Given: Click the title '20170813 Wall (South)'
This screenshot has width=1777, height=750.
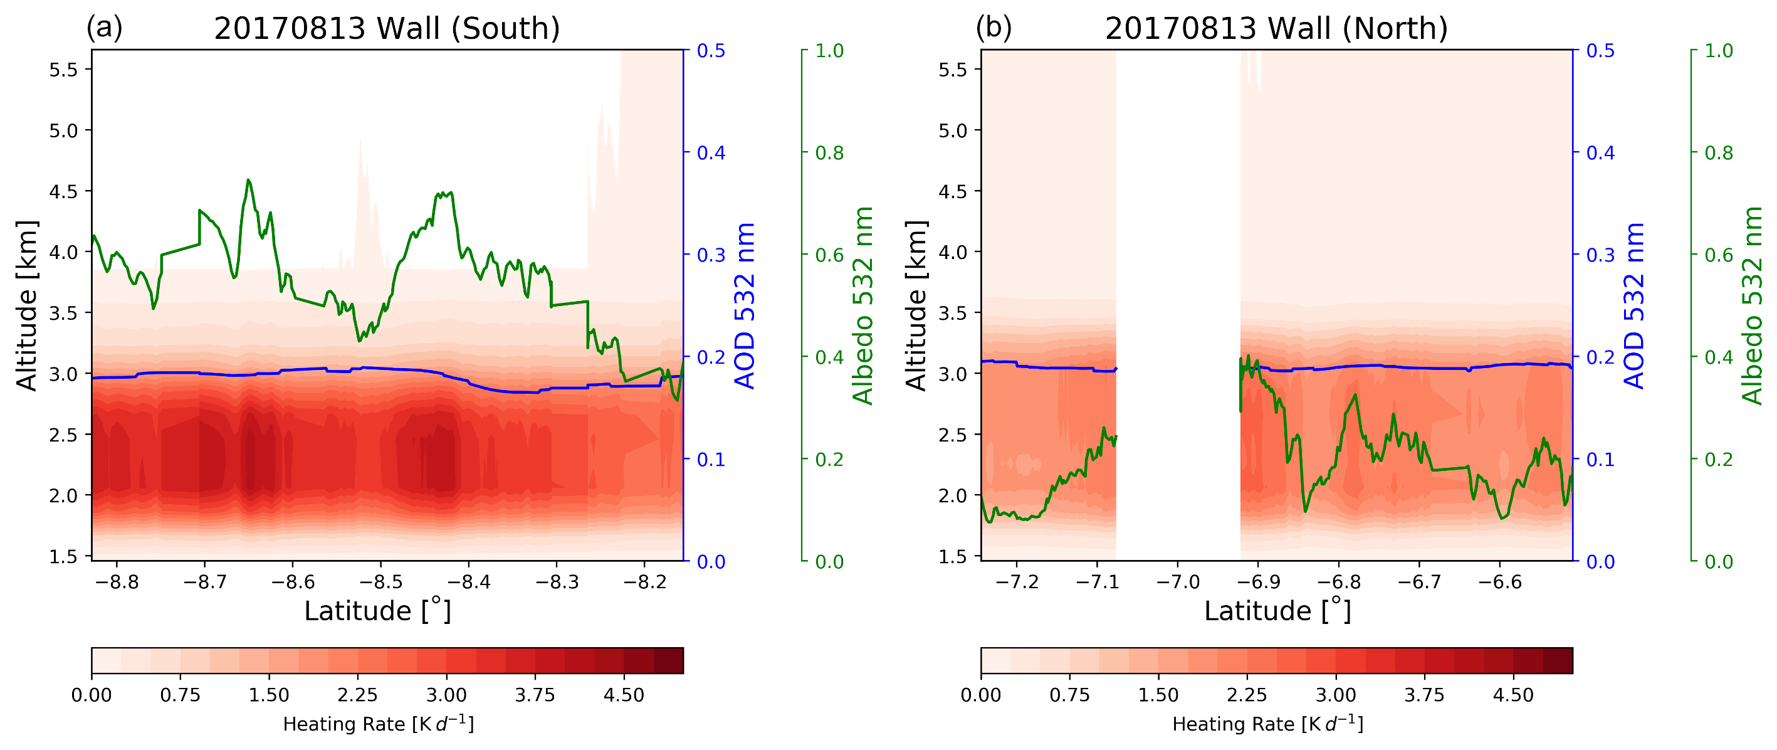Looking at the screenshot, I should pos(386,29).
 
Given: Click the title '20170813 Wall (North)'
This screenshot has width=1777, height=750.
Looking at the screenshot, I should pos(1276,29).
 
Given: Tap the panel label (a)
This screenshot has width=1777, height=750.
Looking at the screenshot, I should pos(104,28).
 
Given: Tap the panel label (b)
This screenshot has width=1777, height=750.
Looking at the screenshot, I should pos(993,28).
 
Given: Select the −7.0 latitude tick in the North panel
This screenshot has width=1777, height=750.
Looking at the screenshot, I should pos(1178,583).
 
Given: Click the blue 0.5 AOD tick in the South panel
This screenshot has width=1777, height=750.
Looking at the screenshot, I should pos(711,51).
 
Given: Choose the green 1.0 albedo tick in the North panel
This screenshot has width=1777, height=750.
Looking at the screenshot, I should pos(1718,51).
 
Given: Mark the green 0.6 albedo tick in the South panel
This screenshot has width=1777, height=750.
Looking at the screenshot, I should pos(829,255).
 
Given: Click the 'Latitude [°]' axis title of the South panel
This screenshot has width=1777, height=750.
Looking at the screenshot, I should pos(377,611).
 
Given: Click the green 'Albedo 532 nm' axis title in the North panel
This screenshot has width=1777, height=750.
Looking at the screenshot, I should pos(1751,305).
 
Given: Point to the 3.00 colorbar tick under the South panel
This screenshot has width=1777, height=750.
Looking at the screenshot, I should pos(446,695).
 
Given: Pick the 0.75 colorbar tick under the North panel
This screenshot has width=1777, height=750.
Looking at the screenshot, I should pos(1069,695).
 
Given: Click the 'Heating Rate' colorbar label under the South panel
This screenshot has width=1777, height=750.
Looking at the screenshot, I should pos(378,724).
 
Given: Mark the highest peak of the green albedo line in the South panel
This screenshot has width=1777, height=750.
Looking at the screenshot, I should pos(248,180).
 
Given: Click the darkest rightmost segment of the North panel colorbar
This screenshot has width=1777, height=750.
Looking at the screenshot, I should pos(1558,660).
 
